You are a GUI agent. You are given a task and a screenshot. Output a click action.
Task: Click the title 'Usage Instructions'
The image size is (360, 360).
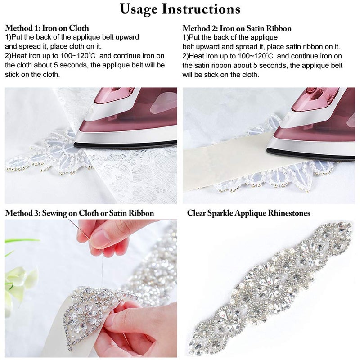coord(180,9)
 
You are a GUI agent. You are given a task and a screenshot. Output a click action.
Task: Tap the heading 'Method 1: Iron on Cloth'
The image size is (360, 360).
coord(47,28)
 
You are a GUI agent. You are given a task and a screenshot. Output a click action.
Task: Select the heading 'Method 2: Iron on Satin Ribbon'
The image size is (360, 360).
coord(237,28)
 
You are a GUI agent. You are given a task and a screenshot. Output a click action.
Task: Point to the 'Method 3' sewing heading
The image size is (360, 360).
coord(80,213)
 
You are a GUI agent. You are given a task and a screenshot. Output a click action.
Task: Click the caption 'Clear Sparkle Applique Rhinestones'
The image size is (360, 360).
coord(248,213)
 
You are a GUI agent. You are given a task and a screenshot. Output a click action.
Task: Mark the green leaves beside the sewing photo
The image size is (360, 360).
coord(18,274)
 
